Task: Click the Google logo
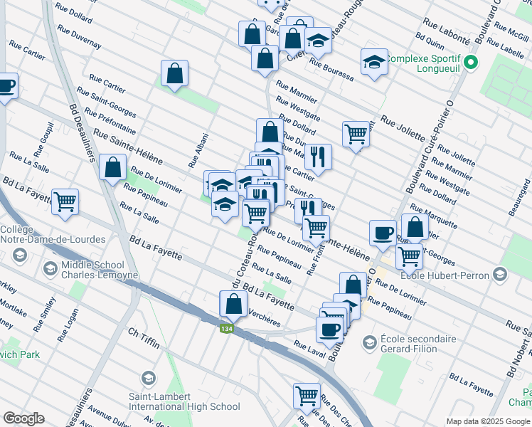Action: click(x=24, y=418)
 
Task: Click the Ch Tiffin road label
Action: click(x=142, y=333)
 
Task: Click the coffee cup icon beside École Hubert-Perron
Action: click(x=383, y=232)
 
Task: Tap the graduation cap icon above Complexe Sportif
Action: click(x=374, y=62)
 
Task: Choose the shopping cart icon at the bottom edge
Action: click(x=307, y=395)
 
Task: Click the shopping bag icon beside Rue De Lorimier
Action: click(x=114, y=168)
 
